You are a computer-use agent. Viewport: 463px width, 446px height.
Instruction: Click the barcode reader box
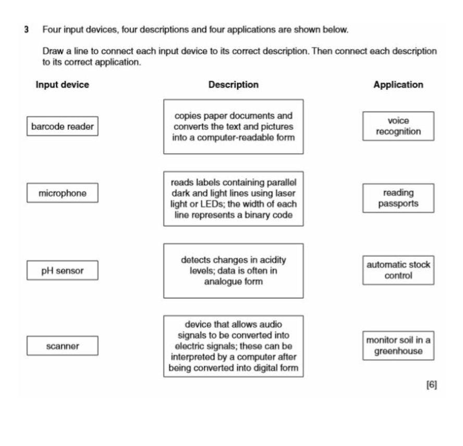62,126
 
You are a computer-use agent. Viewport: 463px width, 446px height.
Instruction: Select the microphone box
62,194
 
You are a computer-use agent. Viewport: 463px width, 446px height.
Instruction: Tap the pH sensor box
62,271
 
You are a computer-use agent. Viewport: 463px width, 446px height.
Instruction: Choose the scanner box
62,345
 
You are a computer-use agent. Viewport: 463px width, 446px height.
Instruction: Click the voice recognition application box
398,126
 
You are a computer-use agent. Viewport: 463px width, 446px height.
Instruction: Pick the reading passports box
398,198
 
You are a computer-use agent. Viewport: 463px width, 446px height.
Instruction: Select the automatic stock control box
398,270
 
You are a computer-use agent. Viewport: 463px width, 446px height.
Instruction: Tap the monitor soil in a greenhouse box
398,345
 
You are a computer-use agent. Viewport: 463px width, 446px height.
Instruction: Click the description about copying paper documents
233,127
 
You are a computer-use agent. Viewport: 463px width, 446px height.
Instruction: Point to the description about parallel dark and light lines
233,198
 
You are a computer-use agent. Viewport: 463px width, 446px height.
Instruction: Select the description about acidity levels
233,270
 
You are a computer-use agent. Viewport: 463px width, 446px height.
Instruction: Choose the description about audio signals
233,345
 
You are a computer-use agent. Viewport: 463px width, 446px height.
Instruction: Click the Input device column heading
62,85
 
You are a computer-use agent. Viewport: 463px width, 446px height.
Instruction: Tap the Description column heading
233,85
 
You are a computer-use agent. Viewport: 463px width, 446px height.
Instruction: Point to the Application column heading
398,85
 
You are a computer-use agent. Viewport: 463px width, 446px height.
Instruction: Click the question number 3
26,30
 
